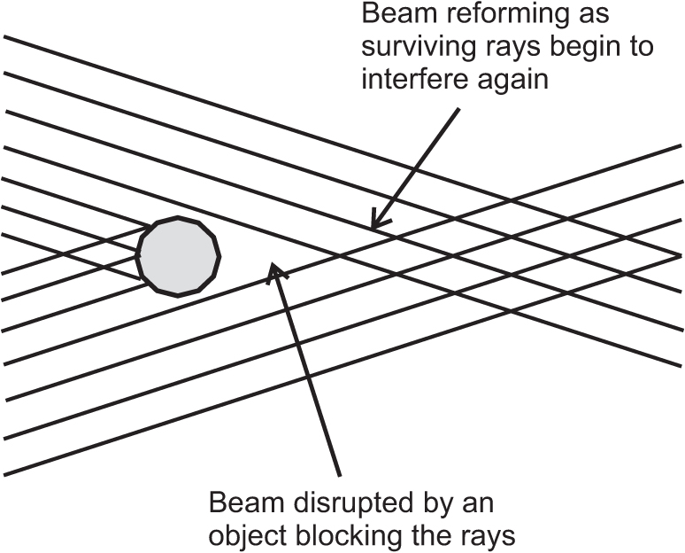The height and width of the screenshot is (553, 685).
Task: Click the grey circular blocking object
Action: [x=178, y=255]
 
